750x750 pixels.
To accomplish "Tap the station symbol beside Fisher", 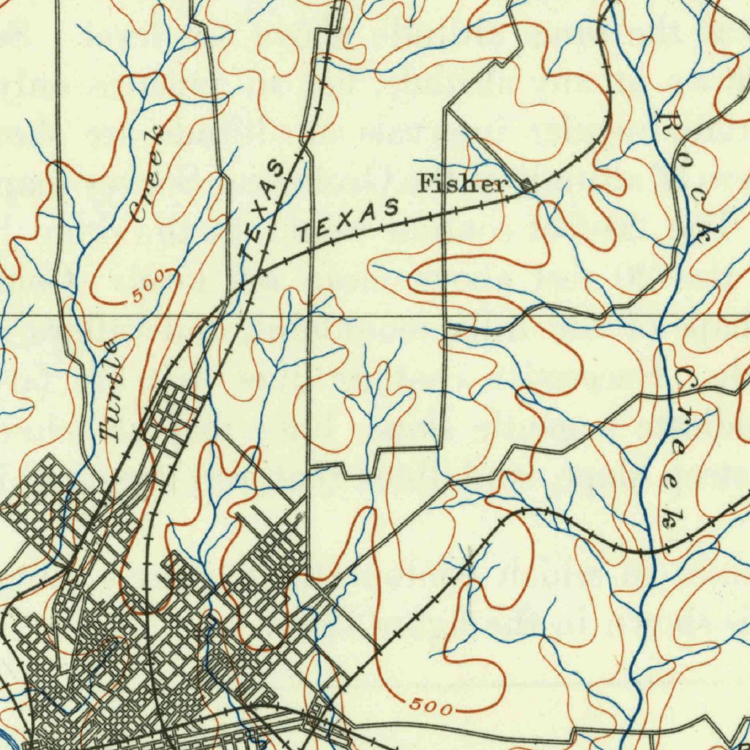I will [x=526, y=185].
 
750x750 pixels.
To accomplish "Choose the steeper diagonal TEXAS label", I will [x=262, y=212].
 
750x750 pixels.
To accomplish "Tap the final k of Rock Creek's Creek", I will [x=668, y=516].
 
